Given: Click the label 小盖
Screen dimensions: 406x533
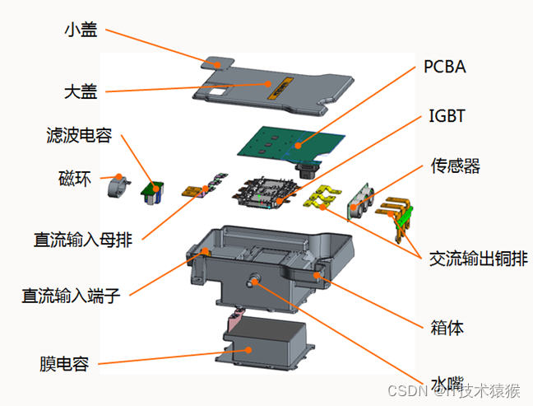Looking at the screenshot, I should point(81,30).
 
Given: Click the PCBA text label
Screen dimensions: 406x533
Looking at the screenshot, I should point(445,67).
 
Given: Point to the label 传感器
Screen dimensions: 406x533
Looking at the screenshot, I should point(456,166).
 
